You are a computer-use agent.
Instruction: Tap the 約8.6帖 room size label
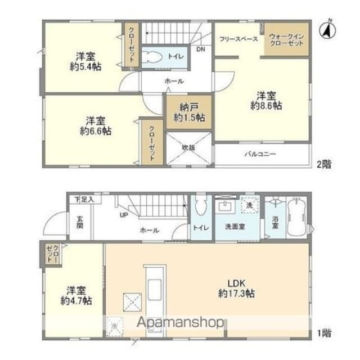point(266,105)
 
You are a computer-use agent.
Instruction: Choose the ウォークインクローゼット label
point(286,39)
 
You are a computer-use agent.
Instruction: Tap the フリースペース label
point(239,39)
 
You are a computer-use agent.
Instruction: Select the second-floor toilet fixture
point(152,56)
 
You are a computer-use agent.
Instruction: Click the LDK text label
point(236,283)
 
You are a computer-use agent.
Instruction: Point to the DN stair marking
point(201,49)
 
